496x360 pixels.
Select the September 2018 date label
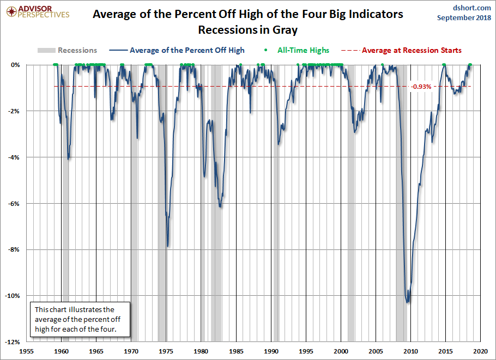[x=464, y=18]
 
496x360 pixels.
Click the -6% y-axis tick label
[x=16, y=203]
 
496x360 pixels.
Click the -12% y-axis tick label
[x=14, y=342]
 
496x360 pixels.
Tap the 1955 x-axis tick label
[x=27, y=351]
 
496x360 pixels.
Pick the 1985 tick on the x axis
[x=236, y=351]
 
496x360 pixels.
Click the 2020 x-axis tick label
[x=480, y=351]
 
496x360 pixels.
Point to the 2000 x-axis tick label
[x=341, y=351]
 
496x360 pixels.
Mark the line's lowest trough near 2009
[x=408, y=302]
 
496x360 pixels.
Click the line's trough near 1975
[x=168, y=246]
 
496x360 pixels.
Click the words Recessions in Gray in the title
[x=248, y=29]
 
